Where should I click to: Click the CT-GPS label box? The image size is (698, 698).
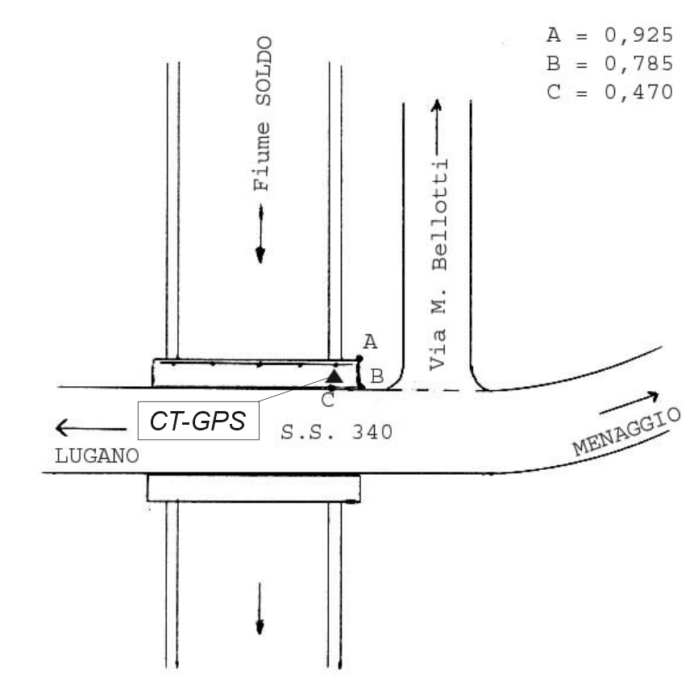point(198,421)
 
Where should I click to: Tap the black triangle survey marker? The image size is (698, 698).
point(334,376)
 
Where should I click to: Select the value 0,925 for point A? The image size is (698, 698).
point(639,35)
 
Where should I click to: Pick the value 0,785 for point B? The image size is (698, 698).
point(639,64)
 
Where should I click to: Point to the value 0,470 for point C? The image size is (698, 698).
point(639,93)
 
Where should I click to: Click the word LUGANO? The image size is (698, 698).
point(97,456)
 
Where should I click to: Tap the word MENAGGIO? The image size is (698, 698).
point(627,432)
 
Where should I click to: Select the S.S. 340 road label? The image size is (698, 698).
point(337,432)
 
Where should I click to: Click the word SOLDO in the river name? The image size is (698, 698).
point(263,71)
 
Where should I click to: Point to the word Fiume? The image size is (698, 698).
point(262,156)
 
